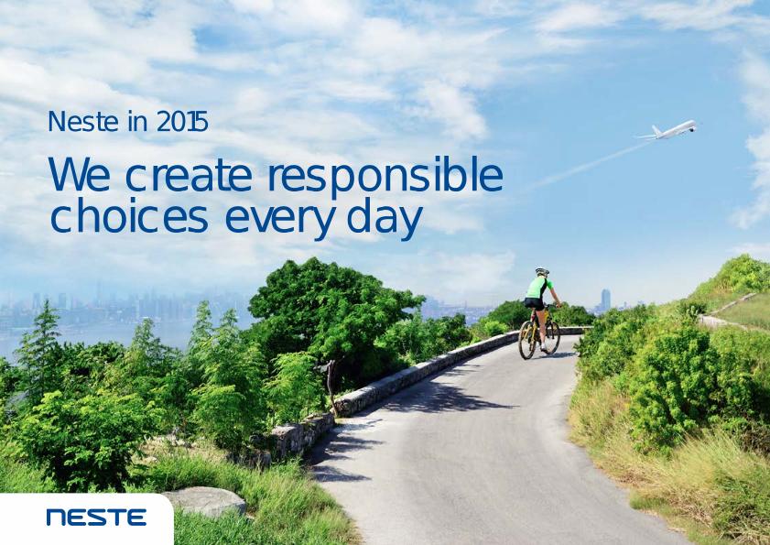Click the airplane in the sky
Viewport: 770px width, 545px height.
(x=669, y=130)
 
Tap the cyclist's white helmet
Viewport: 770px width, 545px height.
(x=542, y=271)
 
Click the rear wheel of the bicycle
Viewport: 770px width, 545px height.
(x=527, y=340)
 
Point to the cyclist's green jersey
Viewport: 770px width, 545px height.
(x=537, y=288)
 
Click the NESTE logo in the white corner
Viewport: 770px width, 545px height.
(x=96, y=517)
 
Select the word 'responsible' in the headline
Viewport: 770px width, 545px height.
(x=385, y=175)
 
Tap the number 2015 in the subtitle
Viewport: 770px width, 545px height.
(x=182, y=122)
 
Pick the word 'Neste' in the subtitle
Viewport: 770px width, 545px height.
(x=83, y=122)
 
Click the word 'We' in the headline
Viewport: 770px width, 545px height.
(x=79, y=174)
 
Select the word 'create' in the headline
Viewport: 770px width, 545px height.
(x=189, y=176)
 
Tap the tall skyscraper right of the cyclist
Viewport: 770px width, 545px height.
(x=605, y=300)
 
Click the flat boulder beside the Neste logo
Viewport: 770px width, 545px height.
(x=205, y=501)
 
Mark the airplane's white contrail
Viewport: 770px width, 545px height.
(x=590, y=165)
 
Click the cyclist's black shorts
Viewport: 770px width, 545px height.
(x=535, y=303)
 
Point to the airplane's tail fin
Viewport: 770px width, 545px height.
(x=655, y=130)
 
